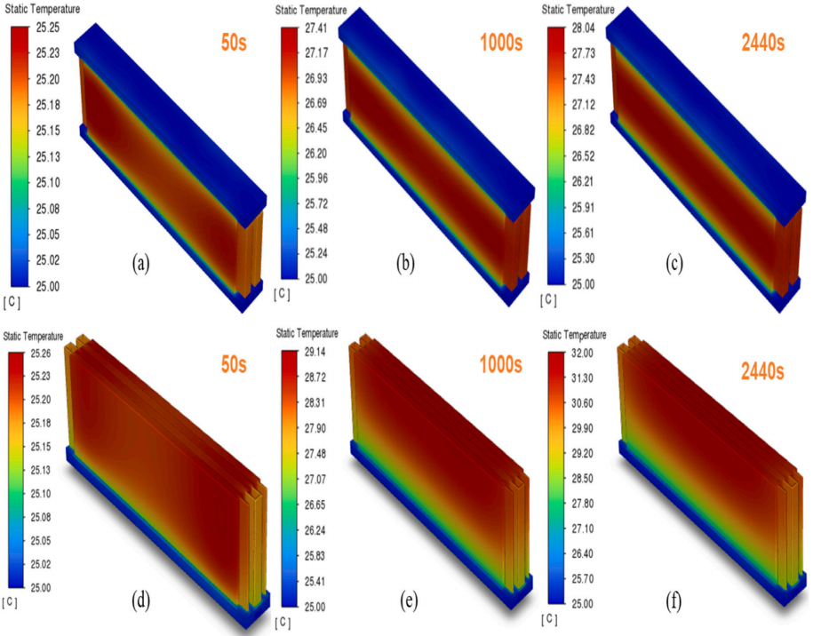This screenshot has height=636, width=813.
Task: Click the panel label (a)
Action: pyautogui.click(x=139, y=263)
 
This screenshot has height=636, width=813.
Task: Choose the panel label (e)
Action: pyautogui.click(x=410, y=600)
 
